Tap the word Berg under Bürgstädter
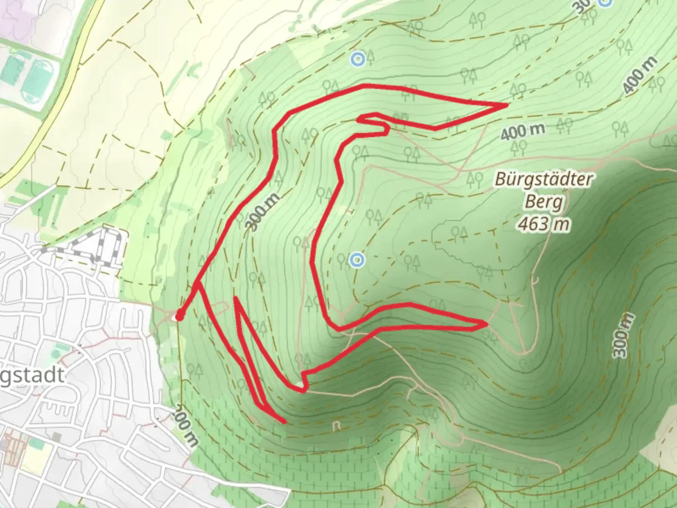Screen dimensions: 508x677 click(543, 202)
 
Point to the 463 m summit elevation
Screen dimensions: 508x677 click(543, 224)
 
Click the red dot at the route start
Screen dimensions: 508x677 click(179, 316)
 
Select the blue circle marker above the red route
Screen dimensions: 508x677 click(358, 59)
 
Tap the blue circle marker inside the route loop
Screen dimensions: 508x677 click(357, 259)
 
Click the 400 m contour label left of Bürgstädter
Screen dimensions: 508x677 click(522, 132)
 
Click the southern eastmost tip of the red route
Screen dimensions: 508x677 click(485, 323)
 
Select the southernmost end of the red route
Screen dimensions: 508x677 click(284, 421)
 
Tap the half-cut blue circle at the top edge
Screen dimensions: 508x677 click(606, 2)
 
